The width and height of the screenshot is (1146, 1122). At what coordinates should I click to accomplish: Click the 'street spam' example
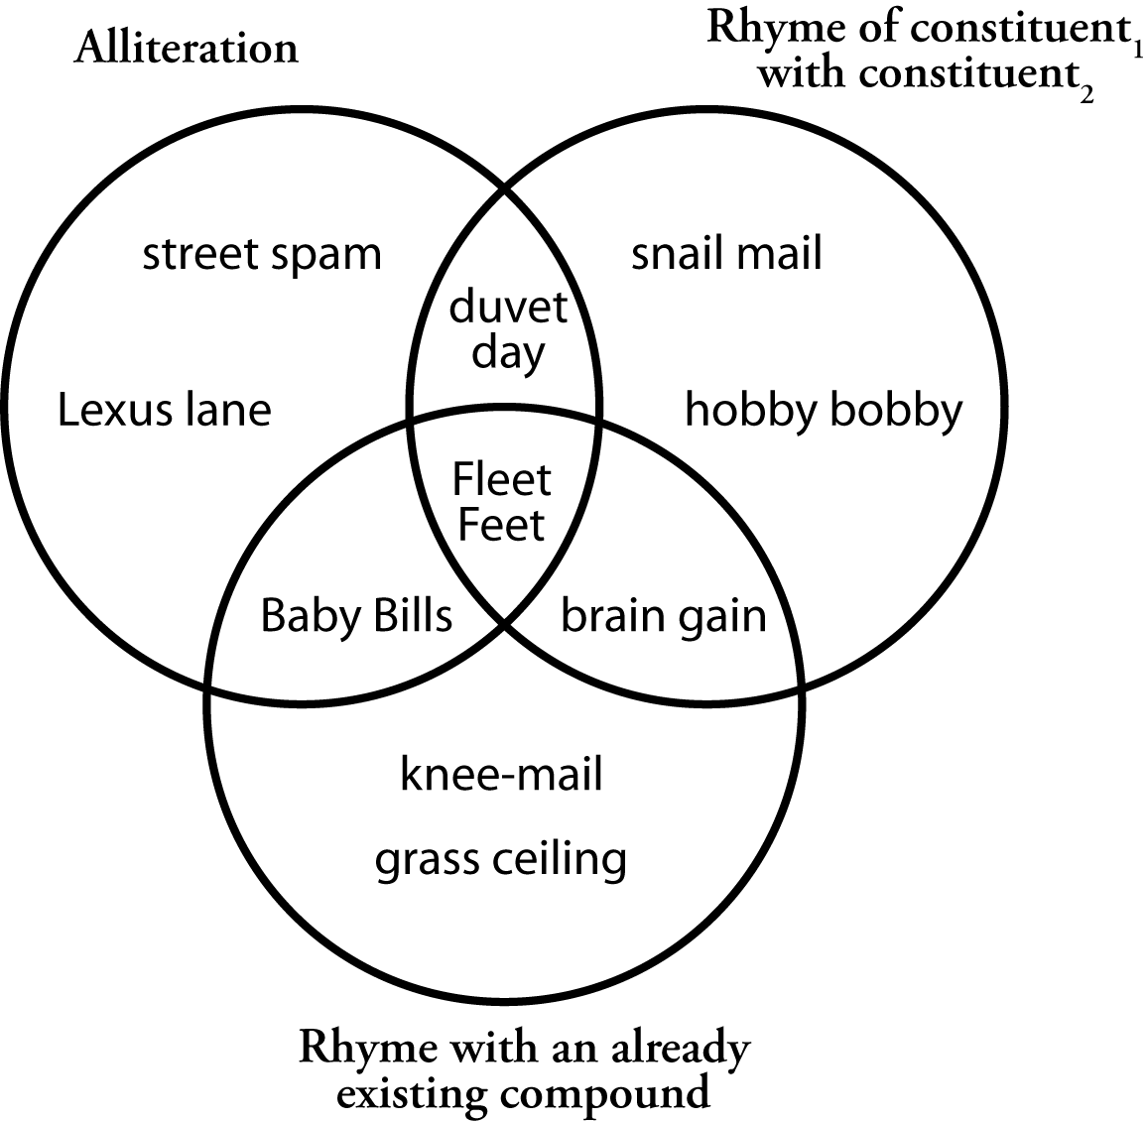click(x=262, y=255)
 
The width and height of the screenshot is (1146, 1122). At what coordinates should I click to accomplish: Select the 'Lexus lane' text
click(x=164, y=409)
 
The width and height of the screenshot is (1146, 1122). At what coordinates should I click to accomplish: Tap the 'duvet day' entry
click(x=508, y=329)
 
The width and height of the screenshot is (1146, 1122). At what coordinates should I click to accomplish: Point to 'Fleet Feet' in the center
click(x=502, y=502)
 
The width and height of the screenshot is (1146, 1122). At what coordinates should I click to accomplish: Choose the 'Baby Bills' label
click(x=356, y=616)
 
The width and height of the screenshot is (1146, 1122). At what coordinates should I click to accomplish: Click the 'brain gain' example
click(x=664, y=616)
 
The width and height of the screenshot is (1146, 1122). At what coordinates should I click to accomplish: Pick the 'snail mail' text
click(x=727, y=255)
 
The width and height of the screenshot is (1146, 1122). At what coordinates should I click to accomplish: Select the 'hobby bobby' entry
click(x=824, y=409)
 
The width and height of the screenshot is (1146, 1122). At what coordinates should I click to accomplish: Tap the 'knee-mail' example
click(x=501, y=774)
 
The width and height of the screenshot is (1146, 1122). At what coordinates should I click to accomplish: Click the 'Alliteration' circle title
click(x=186, y=48)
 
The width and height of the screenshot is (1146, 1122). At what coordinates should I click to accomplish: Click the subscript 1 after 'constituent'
click(x=1139, y=48)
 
